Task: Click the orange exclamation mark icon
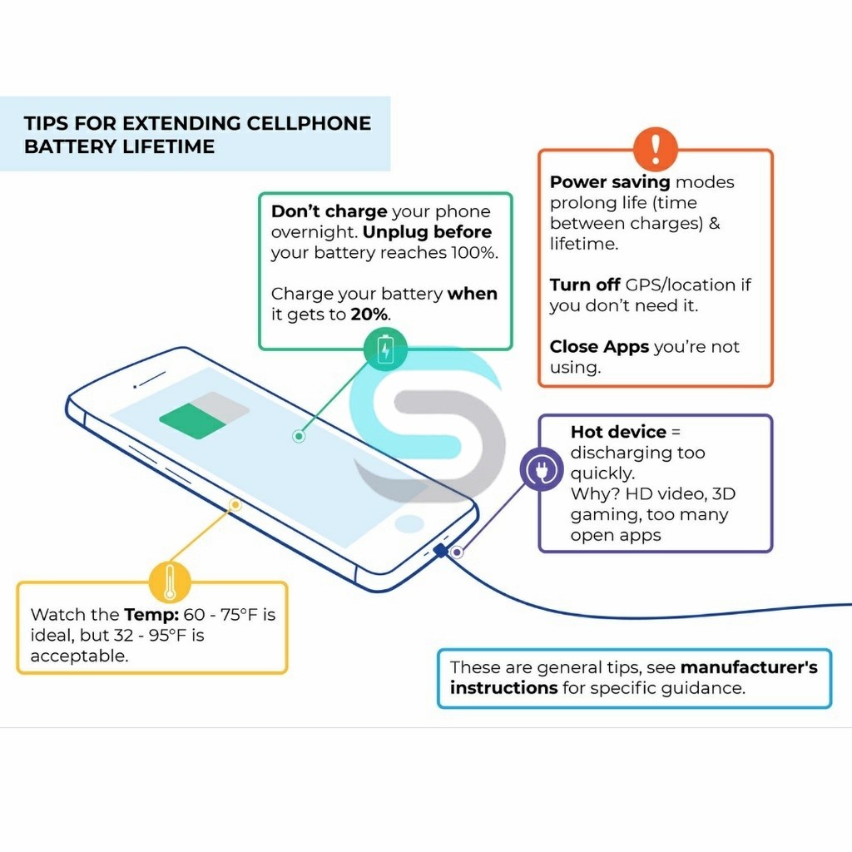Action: click(656, 148)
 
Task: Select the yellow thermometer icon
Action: click(170, 582)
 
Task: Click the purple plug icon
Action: click(541, 469)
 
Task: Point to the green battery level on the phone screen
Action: click(193, 420)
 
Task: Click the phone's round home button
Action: click(409, 524)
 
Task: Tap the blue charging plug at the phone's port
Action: click(441, 551)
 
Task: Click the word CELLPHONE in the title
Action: click(309, 123)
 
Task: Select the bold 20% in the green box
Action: click(369, 314)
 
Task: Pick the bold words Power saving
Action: click(610, 182)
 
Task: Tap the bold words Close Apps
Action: click(599, 347)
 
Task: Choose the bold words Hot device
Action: click(618, 432)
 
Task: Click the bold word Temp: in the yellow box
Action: click(151, 615)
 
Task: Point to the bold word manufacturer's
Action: click(749, 667)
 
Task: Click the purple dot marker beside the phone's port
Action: click(457, 552)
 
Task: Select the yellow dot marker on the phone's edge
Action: click(235, 505)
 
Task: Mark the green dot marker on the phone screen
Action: click(299, 436)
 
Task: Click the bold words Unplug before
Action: click(427, 232)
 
